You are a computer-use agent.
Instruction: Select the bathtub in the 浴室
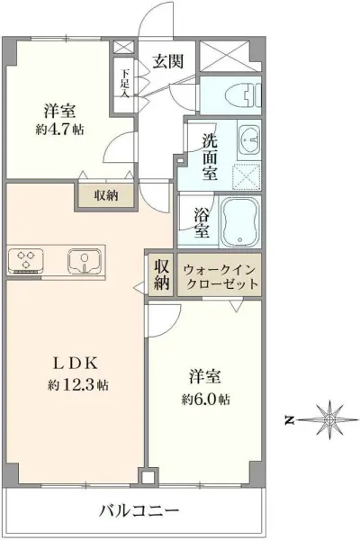tap(239, 220)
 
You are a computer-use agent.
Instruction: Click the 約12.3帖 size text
tap(80, 385)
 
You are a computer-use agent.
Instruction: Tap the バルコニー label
tap(139, 510)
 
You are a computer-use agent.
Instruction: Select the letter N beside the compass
tap(289, 419)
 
